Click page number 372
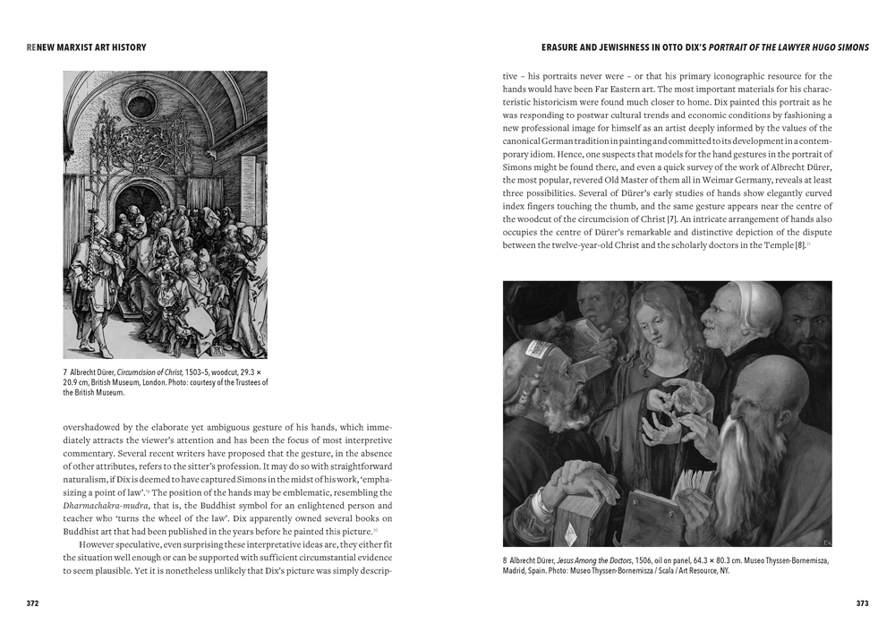32,603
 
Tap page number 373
862,603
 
